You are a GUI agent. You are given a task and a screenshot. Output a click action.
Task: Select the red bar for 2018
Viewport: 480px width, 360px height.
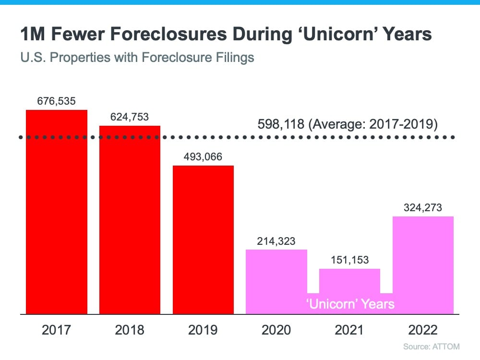click(x=130, y=221)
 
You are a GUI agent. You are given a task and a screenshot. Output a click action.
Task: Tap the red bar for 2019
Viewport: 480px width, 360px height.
click(x=203, y=240)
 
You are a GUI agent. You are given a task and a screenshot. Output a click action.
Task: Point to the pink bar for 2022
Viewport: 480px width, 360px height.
click(x=423, y=264)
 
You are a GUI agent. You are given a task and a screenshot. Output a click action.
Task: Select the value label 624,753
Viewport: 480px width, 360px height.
click(x=130, y=117)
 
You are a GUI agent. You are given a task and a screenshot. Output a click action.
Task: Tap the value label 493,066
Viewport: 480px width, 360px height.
click(x=203, y=157)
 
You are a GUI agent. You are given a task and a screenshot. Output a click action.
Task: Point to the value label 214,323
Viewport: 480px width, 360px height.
click(x=276, y=240)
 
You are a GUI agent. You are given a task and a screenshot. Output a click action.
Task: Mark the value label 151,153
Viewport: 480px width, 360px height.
click(x=349, y=260)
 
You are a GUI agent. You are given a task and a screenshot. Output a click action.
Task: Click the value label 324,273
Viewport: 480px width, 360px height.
click(x=423, y=208)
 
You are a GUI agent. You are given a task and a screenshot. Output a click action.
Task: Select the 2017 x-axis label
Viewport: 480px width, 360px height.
click(x=57, y=330)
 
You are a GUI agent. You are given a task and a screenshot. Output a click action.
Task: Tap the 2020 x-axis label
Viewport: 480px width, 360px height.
click(x=276, y=330)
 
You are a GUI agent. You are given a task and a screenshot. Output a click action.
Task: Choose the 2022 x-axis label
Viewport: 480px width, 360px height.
click(x=423, y=330)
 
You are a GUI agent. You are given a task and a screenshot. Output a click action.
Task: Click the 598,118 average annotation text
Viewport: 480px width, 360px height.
click(x=348, y=124)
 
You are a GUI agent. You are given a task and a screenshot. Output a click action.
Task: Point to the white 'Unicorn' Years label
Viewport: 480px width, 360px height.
click(x=350, y=304)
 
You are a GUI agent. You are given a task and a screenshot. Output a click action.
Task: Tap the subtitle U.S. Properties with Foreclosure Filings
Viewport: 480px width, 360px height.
click(x=137, y=58)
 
